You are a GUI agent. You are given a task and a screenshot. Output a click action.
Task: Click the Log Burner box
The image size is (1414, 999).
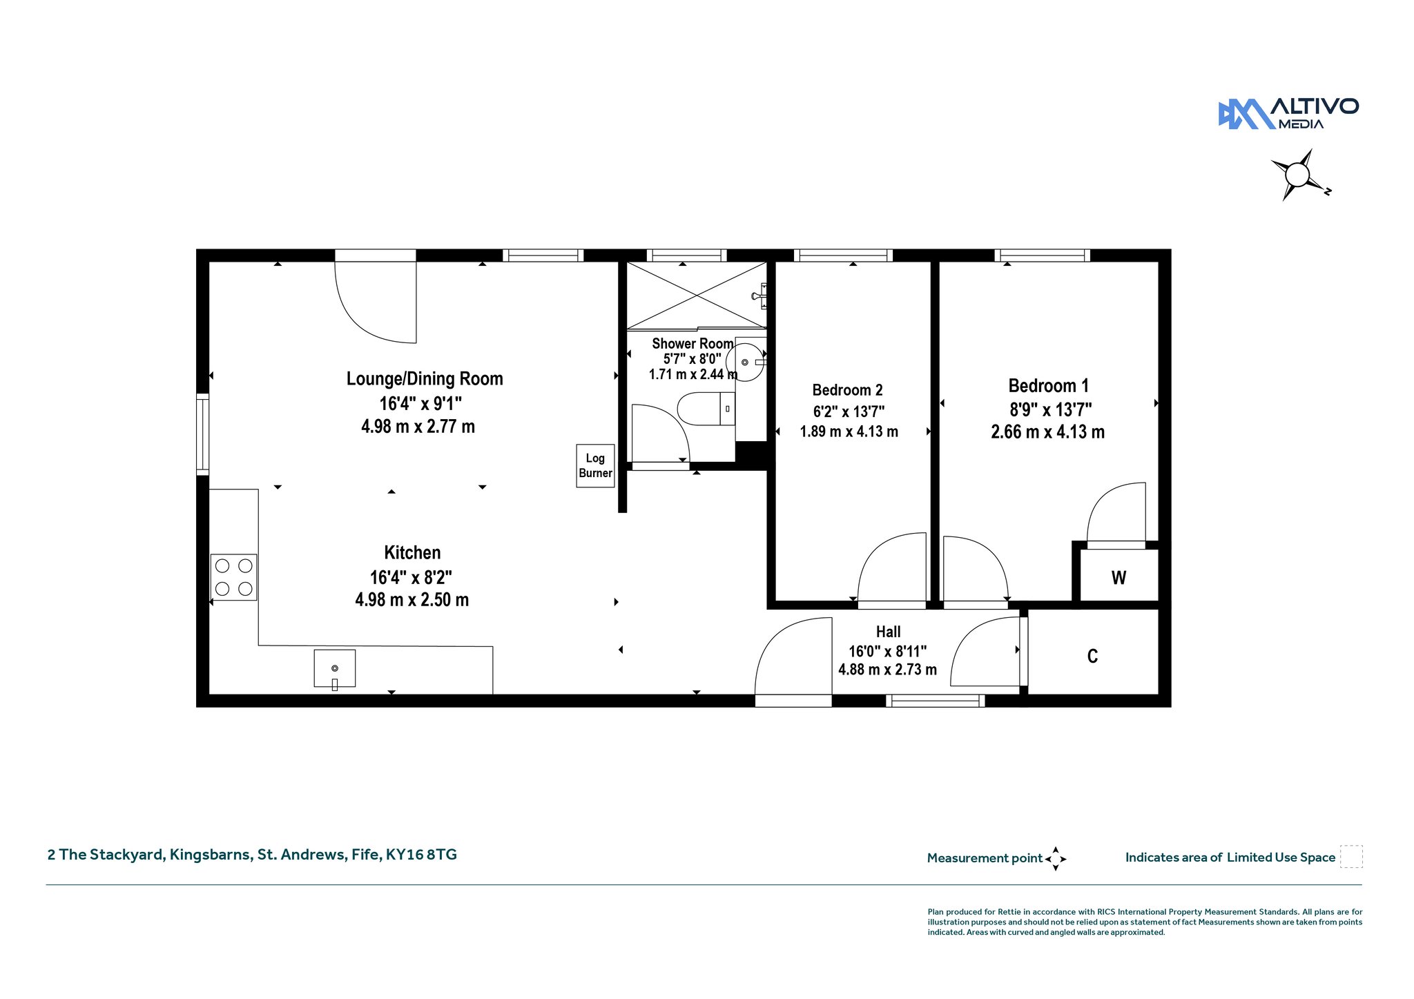(x=595, y=466)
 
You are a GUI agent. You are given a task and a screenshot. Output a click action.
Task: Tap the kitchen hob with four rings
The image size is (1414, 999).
(x=233, y=577)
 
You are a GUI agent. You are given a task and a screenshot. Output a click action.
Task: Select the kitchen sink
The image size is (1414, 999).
(x=335, y=668)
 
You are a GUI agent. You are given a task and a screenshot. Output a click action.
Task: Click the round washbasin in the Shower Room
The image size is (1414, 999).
(x=745, y=362)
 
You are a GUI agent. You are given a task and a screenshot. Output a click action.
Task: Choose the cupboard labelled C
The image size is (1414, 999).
(x=1093, y=655)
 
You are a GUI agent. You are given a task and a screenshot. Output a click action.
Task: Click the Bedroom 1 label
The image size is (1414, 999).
(x=1048, y=385)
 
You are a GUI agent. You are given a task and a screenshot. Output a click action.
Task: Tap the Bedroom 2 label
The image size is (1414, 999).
(x=847, y=390)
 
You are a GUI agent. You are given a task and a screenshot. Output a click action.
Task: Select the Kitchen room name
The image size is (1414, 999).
(x=412, y=552)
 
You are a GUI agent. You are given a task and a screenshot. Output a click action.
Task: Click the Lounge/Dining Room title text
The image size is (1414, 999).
(x=425, y=378)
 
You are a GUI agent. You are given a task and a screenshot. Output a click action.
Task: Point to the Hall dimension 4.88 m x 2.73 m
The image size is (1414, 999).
(x=887, y=669)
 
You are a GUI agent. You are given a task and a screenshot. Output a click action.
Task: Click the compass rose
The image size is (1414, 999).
(x=1298, y=175)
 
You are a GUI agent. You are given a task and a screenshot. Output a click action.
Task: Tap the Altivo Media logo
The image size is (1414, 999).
(x=1288, y=114)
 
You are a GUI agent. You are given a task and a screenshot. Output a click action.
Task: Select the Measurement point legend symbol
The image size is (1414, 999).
(x=1056, y=859)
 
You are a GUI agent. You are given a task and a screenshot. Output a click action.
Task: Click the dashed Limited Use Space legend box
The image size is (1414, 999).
(x=1351, y=857)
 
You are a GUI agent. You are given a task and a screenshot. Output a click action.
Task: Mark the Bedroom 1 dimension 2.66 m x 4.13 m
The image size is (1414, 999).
(x=1047, y=432)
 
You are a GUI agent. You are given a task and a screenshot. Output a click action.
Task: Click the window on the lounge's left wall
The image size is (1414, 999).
(x=202, y=434)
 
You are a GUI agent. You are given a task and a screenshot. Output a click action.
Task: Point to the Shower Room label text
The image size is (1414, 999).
(x=693, y=343)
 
